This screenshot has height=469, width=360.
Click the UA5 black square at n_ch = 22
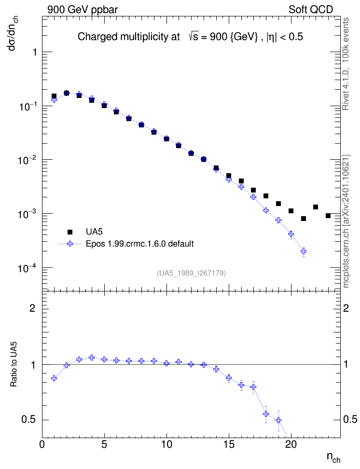coord(316,207)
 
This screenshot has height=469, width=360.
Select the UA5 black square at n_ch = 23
coord(328,216)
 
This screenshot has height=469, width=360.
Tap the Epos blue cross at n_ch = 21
coord(304,251)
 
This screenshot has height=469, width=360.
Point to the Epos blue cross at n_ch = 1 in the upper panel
coord(54,99)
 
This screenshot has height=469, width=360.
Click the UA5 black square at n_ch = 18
coord(266,196)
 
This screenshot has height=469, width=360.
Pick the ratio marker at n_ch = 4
coord(92,358)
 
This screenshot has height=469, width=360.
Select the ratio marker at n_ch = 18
coord(266,414)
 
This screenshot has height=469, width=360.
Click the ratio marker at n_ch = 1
coord(54,378)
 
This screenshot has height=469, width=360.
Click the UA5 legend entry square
coord(70,232)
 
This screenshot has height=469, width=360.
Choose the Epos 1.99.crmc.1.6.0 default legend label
coord(140,244)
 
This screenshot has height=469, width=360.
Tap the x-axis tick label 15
coord(229,444)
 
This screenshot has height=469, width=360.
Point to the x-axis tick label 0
coord(42,444)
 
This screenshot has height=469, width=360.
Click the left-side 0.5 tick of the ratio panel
coord(28,420)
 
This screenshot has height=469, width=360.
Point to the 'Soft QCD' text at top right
coord(310,10)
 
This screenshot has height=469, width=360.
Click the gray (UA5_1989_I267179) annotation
coord(191,273)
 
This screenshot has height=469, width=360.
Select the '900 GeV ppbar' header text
coord(83,10)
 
